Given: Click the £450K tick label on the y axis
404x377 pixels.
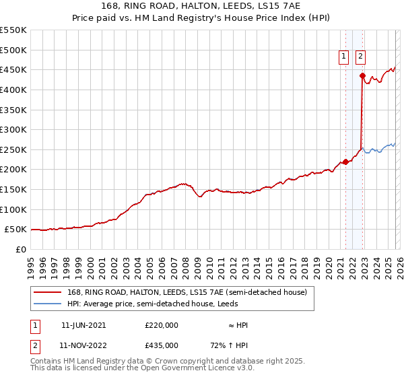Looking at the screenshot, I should [x=14, y=70].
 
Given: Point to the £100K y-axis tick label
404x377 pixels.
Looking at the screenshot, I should [x=14, y=210].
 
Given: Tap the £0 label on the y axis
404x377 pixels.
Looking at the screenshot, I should [x=22, y=250].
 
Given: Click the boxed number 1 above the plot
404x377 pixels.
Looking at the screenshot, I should [x=344, y=57].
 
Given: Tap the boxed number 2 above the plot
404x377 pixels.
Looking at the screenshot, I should [x=361, y=57].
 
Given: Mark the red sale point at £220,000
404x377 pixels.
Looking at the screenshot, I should [x=345, y=162].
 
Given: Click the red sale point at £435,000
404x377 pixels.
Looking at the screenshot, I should [x=362, y=76].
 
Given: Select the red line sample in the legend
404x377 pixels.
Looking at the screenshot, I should [x=48, y=292].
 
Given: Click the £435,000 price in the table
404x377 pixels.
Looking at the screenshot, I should [x=161, y=345].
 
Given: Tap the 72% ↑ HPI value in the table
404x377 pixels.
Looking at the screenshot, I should [x=230, y=345].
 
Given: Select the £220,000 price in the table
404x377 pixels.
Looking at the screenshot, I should [x=161, y=325].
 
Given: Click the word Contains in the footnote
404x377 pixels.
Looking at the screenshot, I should [x=46, y=362].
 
